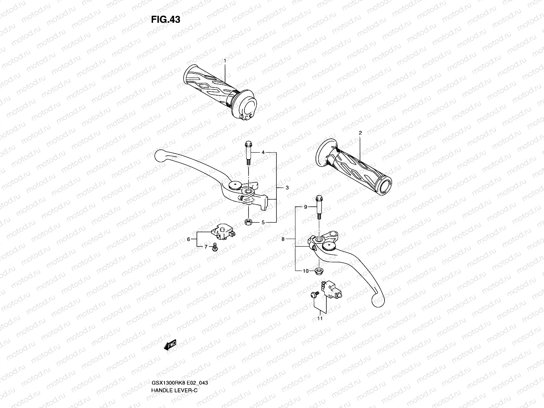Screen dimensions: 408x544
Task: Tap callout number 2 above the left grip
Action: coord(360,133)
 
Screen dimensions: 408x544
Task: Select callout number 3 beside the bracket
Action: coord(287,188)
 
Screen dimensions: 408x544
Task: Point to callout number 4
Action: coord(263,153)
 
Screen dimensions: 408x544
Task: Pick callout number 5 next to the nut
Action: coord(263,223)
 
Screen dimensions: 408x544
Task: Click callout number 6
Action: coord(188,239)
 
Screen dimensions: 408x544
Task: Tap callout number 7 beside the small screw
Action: coord(206,247)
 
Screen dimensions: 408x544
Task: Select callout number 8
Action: coord(283,239)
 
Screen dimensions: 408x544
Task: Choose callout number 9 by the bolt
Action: coord(305,207)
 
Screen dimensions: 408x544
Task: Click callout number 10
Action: coord(305,271)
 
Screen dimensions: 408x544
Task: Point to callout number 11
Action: coord(320,319)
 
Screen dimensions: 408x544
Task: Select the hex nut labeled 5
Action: coord(248,222)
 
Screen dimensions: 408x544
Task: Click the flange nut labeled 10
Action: coord(320,271)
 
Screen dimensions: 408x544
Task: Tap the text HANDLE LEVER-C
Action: coord(174,361)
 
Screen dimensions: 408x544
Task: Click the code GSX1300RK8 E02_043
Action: coord(180,354)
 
